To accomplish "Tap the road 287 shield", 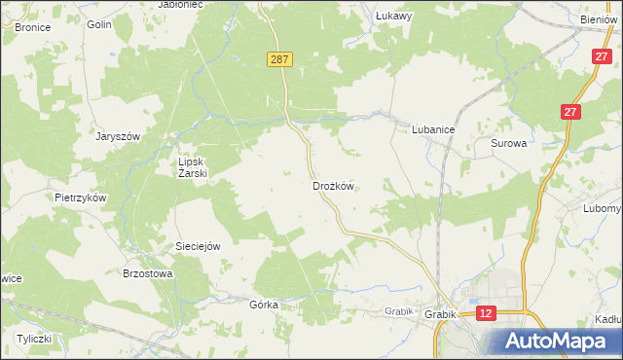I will click(279, 60).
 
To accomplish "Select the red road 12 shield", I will click(487, 312).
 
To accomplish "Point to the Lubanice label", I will click(434, 127).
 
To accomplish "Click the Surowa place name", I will click(508, 143).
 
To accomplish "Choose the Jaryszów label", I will click(118, 137).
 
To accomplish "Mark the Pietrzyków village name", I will click(80, 197).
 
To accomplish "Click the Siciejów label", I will click(197, 246).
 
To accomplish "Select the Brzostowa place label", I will click(147, 274).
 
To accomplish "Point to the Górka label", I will click(264, 305).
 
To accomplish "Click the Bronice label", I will click(32, 27).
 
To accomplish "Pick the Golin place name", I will click(98, 24).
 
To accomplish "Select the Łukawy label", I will click(395, 16).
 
